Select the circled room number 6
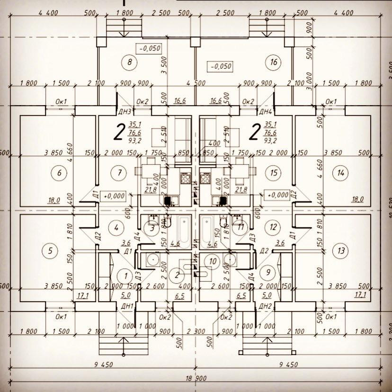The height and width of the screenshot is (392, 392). point(59,173)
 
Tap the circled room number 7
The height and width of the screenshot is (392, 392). point(119,172)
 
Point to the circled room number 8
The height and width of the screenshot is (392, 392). point(128,62)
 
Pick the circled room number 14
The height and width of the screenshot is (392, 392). point(339,173)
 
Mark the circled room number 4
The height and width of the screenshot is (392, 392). point(116,226)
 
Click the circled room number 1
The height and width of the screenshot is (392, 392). point(125,275)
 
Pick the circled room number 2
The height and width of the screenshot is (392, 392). point(178,275)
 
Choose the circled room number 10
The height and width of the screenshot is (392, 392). point(213,261)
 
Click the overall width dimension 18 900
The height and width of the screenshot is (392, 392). point(196,380)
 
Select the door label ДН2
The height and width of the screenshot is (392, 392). point(265,307)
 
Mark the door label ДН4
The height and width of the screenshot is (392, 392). point(265,112)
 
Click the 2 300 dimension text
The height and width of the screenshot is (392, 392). point(196,331)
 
